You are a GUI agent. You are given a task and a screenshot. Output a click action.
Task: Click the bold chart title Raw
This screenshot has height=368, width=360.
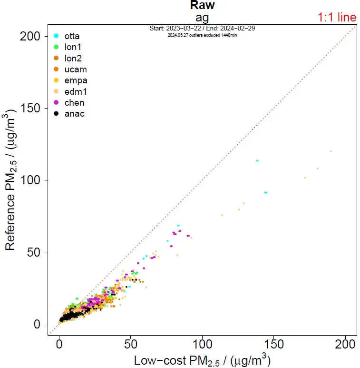click(202, 6)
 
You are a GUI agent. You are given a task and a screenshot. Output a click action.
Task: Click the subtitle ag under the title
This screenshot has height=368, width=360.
click(202, 17)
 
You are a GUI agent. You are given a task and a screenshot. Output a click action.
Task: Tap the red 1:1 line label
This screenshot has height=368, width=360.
click(337, 18)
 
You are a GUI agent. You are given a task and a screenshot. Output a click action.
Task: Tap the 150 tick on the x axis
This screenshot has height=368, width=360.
click(274, 343)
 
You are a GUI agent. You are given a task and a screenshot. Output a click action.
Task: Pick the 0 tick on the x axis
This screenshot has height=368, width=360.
click(59, 343)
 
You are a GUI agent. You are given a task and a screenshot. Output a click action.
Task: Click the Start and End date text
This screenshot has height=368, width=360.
click(202, 29)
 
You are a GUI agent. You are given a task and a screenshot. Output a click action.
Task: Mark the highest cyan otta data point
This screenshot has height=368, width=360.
click(257, 160)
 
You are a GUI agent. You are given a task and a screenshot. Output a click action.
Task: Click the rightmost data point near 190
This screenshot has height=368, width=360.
click(331, 151)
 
